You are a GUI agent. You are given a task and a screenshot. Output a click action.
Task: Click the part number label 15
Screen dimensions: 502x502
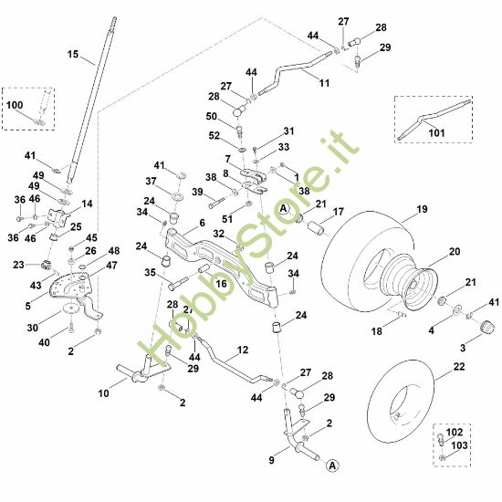tap(74, 55)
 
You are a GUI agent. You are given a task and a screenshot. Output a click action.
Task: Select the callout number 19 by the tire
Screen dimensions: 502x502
tap(422, 209)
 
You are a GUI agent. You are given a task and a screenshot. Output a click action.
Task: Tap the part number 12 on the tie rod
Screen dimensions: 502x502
tap(243, 350)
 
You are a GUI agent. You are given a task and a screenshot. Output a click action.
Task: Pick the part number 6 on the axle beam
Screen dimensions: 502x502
tap(201, 222)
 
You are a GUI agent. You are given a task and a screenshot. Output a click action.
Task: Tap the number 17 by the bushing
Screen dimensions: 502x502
tap(338, 214)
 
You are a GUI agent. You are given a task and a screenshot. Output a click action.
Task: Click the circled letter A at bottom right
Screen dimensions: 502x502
tap(332, 465)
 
